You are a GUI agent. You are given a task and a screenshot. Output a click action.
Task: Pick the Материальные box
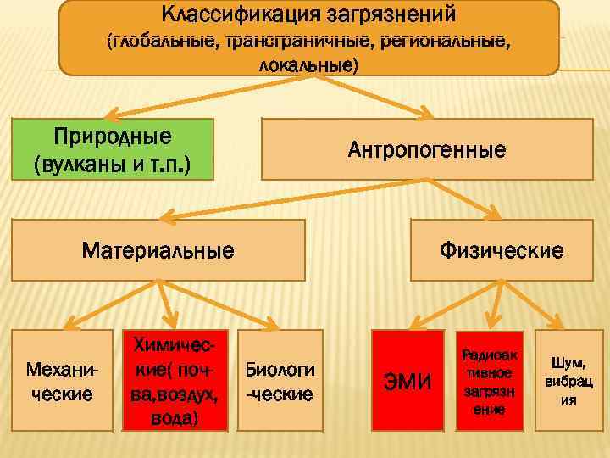(x=158, y=250)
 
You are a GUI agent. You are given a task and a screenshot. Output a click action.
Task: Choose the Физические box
(x=501, y=250)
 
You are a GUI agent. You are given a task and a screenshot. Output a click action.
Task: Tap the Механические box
(x=61, y=382)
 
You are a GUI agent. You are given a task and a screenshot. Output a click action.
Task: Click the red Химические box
(x=175, y=382)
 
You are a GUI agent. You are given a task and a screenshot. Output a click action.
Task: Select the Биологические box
(x=280, y=382)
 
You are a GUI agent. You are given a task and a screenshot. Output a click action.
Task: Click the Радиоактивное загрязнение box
(x=489, y=382)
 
